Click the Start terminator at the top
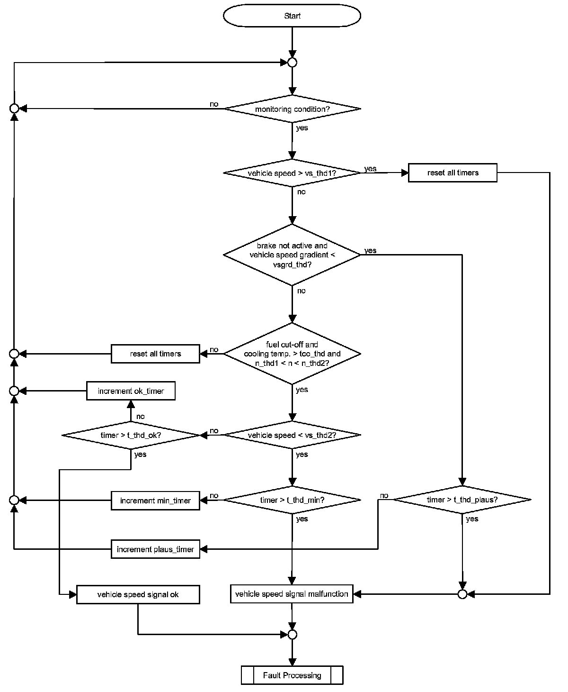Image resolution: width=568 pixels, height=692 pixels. coord(292,16)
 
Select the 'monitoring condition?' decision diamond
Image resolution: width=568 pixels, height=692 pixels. coord(292,109)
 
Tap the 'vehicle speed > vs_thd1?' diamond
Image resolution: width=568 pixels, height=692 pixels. coord(292,173)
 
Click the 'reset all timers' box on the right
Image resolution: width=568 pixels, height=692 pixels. coord(453,173)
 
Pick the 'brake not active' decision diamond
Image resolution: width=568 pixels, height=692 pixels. coord(292,255)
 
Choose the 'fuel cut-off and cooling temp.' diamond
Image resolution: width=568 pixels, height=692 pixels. coord(292,354)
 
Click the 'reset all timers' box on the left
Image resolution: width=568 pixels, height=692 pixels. coord(155,354)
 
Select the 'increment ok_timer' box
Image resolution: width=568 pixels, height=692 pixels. coord(131,391)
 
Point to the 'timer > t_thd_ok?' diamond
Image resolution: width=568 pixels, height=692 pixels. coord(131,435)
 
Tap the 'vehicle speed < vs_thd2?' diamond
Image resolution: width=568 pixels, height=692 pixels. coord(292,435)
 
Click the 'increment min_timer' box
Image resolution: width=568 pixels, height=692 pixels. coord(155,501)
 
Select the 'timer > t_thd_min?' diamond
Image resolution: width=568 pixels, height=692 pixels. coord(292,500)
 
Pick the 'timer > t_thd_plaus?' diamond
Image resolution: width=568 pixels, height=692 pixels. coord(462,500)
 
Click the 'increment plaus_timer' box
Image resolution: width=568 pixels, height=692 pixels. coord(155,549)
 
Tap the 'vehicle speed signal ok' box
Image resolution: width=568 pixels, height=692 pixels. coord(138,594)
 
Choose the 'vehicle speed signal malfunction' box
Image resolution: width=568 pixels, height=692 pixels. coord(292,594)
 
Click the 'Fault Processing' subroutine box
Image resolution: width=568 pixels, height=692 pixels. coord(292,675)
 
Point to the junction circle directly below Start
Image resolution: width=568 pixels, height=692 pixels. coord(293,62)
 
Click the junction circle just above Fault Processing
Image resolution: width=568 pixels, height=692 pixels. coord(292,634)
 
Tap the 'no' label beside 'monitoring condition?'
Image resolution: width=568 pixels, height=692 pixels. coord(214,104)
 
